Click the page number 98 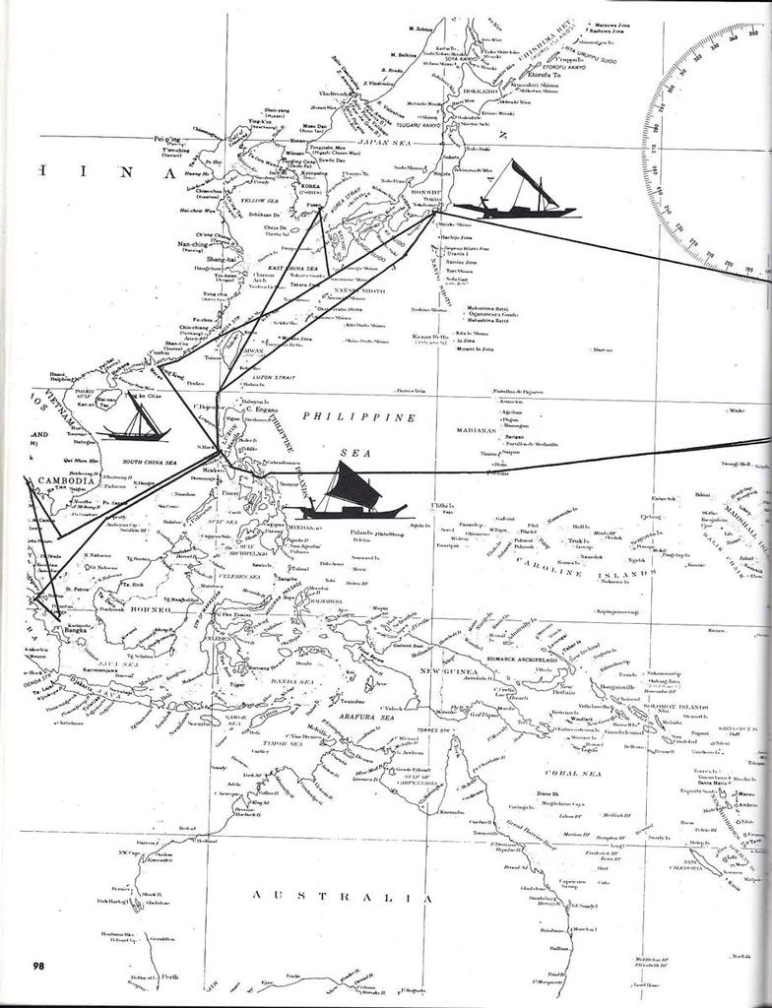coord(38,964)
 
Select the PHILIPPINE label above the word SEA coord(359,417)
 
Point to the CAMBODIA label coord(64,480)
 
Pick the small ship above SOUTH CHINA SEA coord(134,420)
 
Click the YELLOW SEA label coord(260,200)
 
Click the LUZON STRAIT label coord(277,379)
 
